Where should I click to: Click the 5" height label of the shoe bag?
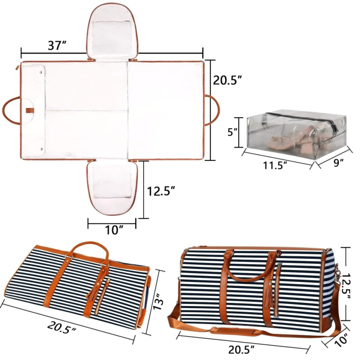[x=232, y=131]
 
